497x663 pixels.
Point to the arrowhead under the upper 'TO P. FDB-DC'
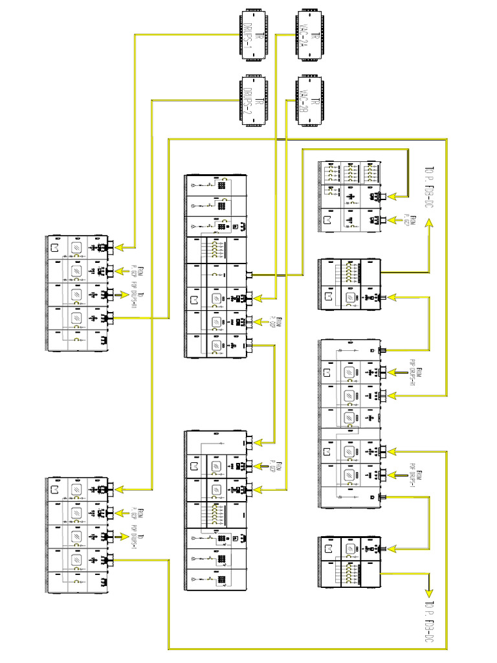[x=429, y=224]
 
